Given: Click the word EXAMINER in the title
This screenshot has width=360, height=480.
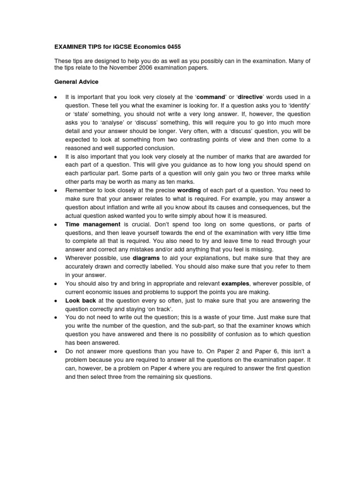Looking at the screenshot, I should (69, 47).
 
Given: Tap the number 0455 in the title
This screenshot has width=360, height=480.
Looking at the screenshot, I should (171, 47).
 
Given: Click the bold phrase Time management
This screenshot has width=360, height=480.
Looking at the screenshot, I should (93, 225).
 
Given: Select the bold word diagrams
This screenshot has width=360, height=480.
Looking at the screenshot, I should (145, 258).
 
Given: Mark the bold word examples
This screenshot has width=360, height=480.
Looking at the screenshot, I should (235, 284).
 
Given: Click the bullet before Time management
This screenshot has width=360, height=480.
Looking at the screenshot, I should (56, 225).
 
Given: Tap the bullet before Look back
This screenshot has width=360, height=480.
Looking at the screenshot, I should (56, 301).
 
